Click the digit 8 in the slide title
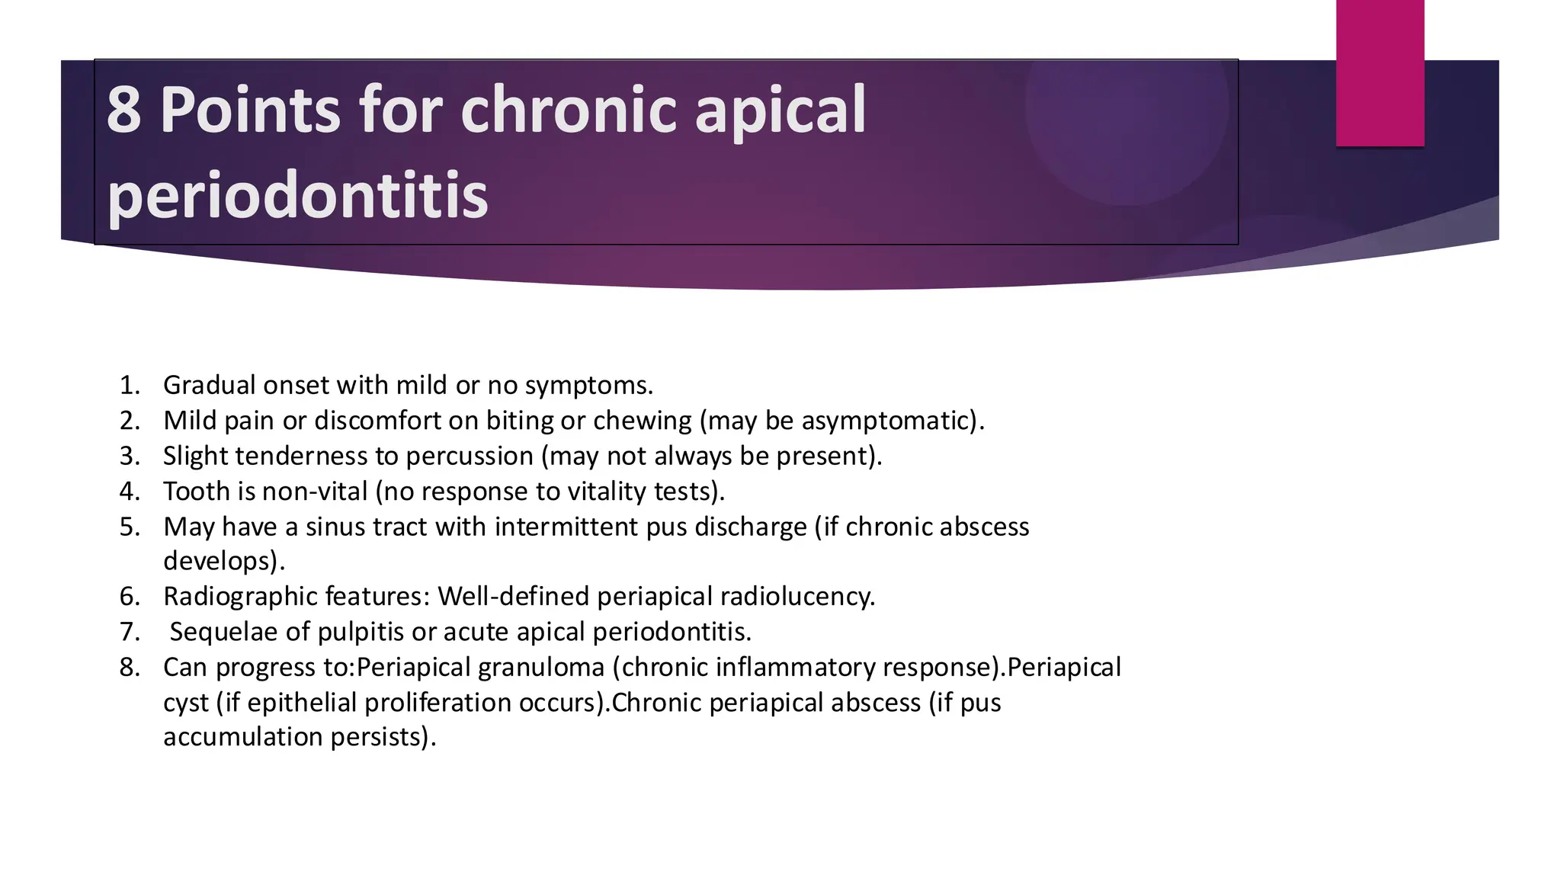click(123, 111)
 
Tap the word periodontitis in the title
click(297, 196)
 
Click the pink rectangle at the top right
click(1380, 72)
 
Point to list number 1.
click(130, 386)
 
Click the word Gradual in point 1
click(209, 386)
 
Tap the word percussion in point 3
click(469, 456)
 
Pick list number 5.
click(130, 527)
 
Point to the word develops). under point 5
click(224, 562)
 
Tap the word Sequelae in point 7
click(223, 632)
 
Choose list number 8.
click(130, 668)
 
